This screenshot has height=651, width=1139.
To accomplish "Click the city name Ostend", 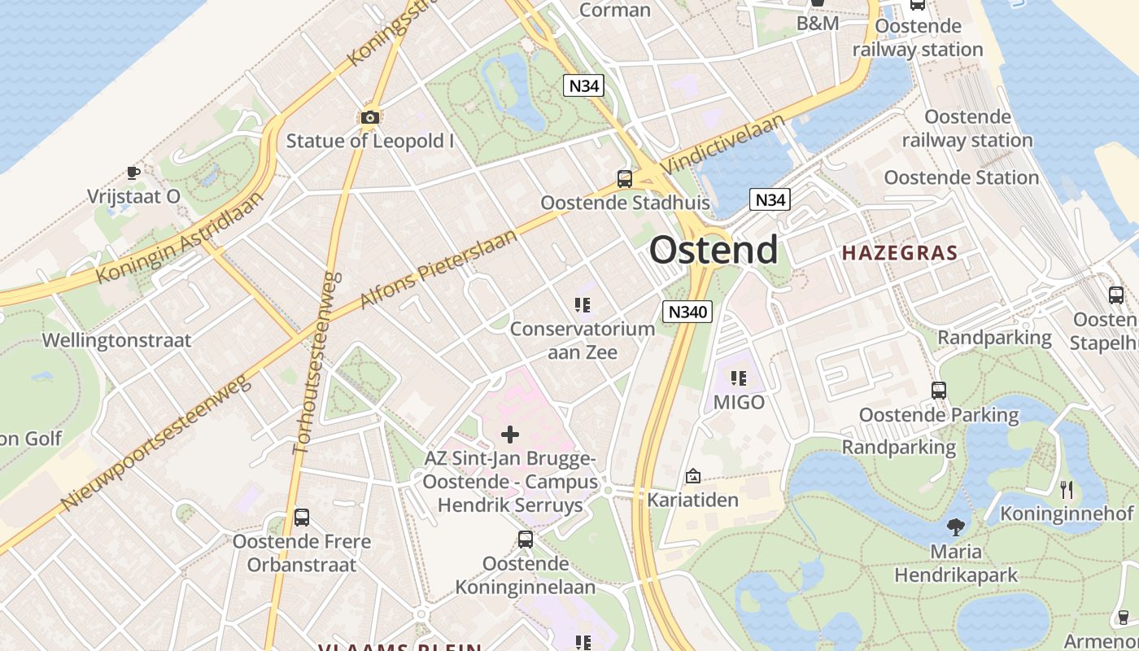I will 714,250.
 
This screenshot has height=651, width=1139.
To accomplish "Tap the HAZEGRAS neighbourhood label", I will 900,253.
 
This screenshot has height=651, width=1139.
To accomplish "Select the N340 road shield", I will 687,311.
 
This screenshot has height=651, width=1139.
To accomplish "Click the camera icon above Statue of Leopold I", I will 370,117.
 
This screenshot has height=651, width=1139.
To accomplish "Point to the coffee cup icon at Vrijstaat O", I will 133,173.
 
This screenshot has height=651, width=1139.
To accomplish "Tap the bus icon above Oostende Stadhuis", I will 625,179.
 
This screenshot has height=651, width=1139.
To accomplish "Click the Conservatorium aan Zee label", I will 582,340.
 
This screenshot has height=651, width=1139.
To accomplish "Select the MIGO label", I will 739,402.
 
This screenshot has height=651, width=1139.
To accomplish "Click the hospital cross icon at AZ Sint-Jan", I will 510,435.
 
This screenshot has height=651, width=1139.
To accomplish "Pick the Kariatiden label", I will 692,500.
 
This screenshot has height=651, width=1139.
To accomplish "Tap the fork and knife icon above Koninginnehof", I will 1067,489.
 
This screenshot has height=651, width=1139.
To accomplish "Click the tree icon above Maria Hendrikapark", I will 956,526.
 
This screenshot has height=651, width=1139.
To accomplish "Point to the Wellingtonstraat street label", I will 116,340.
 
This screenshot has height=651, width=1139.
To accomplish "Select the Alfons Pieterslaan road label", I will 439,269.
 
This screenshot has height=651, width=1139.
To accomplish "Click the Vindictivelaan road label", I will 724,144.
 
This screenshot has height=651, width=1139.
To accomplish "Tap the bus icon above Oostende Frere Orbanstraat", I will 302,517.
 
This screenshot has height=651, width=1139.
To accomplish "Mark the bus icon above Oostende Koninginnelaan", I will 526,539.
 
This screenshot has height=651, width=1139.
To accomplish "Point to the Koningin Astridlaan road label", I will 180,237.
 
